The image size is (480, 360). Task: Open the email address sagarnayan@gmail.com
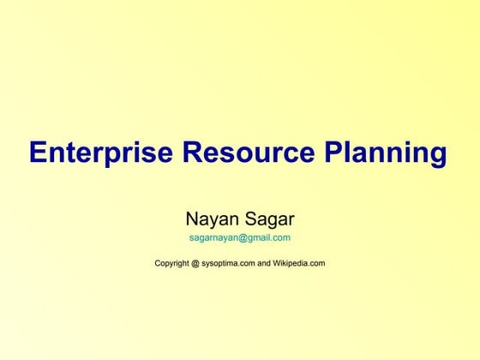[x=239, y=238]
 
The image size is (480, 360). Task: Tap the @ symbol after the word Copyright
[x=204, y=263]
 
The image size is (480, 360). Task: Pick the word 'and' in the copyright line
[x=264, y=263]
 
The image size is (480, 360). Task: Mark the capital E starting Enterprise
[x=39, y=153]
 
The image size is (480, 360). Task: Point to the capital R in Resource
[x=194, y=153]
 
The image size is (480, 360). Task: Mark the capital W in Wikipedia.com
[x=278, y=263]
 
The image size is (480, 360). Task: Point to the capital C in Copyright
[x=158, y=263]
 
